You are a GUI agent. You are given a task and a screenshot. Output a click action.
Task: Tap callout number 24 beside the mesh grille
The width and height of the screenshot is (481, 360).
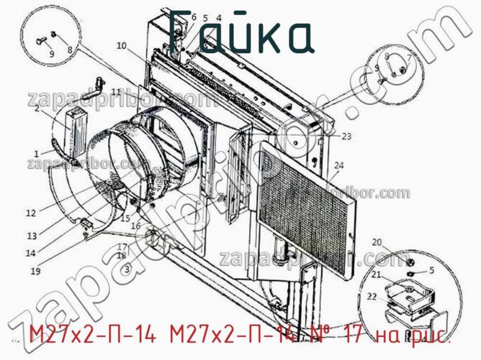[339, 165]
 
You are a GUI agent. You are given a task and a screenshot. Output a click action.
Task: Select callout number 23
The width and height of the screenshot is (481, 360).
[346, 136]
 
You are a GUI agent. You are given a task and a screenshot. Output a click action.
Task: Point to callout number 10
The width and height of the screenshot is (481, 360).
[122, 46]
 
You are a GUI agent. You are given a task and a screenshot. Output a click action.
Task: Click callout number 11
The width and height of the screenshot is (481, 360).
[115, 91]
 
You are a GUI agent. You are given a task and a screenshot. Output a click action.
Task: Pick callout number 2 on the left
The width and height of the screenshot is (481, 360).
[37, 109]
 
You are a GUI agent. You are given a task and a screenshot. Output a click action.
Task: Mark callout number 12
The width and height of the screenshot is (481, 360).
[31, 212]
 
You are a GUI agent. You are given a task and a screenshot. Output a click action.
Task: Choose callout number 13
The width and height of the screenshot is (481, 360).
[32, 235]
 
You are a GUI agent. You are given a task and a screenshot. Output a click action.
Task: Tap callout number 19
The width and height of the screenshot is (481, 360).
[35, 271]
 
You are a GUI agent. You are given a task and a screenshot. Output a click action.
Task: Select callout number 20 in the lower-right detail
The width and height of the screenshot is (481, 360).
[377, 243]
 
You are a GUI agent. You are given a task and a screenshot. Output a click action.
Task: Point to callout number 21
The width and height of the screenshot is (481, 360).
[376, 275]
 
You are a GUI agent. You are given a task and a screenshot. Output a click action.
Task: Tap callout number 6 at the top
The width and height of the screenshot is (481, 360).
[194, 17]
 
